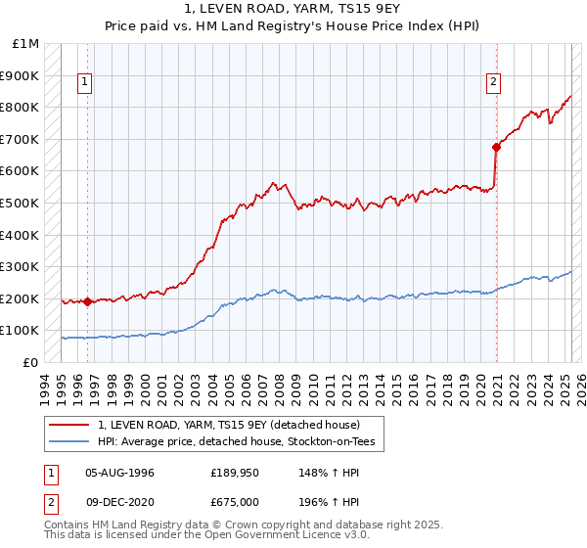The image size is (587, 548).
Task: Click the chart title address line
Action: click(x=293, y=11)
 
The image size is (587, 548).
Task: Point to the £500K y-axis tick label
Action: click(x=21, y=204)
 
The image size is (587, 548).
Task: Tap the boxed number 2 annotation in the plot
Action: click(x=494, y=83)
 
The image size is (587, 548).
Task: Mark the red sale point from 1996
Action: click(x=88, y=301)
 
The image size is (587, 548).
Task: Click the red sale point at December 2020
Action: click(x=496, y=147)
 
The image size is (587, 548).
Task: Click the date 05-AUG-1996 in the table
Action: click(x=119, y=473)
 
